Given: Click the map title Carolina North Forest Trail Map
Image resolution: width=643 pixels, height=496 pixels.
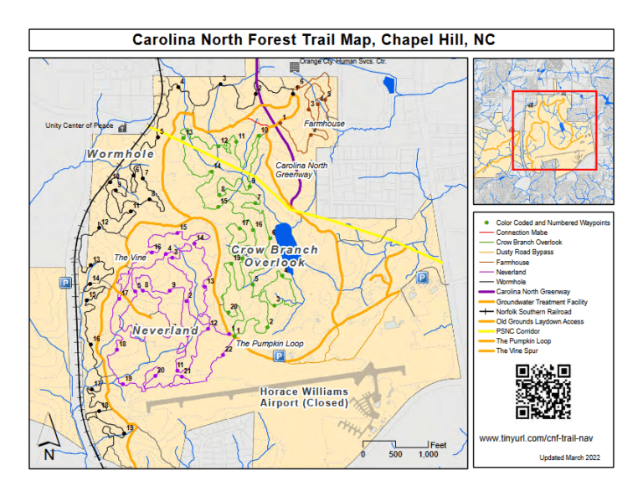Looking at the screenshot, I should (x=321, y=39).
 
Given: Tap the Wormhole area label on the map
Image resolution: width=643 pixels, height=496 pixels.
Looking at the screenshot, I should (x=121, y=155).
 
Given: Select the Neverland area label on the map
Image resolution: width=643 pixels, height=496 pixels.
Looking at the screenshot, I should (x=165, y=330).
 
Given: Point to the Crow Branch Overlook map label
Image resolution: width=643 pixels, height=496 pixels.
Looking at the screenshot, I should (x=274, y=256).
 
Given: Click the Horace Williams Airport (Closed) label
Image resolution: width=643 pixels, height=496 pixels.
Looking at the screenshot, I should (x=303, y=397).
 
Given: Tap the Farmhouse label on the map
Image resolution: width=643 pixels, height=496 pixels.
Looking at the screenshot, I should (x=324, y=124).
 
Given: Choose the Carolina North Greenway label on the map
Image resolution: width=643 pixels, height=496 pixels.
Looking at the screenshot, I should (x=301, y=171).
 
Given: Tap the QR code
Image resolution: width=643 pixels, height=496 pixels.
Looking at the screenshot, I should (x=543, y=391).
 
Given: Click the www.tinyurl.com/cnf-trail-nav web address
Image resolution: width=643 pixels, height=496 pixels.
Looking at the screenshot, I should (x=542, y=438).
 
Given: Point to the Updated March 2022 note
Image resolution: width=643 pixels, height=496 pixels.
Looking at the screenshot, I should (x=569, y=458).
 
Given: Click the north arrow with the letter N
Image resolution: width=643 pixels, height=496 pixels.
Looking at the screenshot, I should (x=49, y=440).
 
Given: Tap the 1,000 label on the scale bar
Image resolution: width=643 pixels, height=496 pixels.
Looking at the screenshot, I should (x=428, y=455).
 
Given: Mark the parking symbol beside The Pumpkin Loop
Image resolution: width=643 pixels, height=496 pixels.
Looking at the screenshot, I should (x=279, y=357).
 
